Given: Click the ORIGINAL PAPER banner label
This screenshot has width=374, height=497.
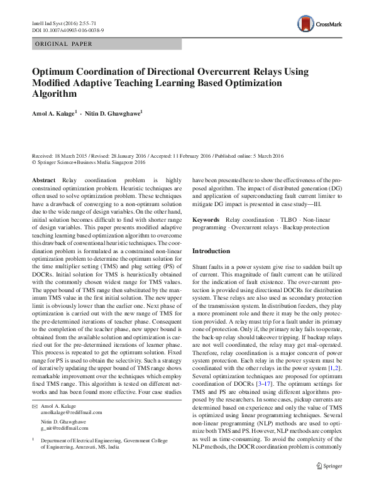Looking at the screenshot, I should coord(63,44).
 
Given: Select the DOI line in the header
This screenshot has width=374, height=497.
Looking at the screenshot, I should coord(67,30).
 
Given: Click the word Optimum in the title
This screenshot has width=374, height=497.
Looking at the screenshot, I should coord(55,72).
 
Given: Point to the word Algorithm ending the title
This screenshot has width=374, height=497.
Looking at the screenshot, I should coord(54,94).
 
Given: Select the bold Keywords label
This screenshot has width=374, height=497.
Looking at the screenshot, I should coord(206,220).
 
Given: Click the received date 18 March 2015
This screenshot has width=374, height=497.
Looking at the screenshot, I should coord(75,156).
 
